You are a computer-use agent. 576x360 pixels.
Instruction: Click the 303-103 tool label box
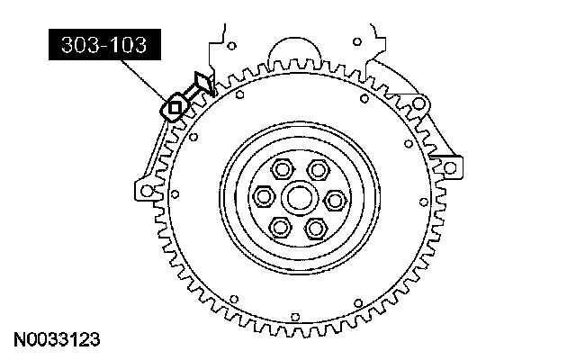pyautogui.click(x=104, y=44)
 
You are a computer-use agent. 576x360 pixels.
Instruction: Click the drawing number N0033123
pyautogui.click(x=57, y=340)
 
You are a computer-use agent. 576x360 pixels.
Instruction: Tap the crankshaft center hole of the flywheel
pyautogui.click(x=300, y=198)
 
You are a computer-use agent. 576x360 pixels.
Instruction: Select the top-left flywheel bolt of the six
pyautogui.click(x=282, y=169)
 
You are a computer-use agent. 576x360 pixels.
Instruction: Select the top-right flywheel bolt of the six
pyautogui.click(x=318, y=170)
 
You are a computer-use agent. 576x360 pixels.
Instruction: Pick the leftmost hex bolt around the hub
pyautogui.click(x=264, y=196)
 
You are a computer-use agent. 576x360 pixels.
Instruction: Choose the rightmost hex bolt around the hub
pyautogui.click(x=335, y=201)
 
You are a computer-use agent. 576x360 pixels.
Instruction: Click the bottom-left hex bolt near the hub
pyautogui.click(x=281, y=227)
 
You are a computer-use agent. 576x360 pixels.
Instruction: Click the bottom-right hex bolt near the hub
pyautogui.click(x=315, y=228)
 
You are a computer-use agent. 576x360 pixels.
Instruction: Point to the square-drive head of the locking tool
pyautogui.click(x=174, y=107)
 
